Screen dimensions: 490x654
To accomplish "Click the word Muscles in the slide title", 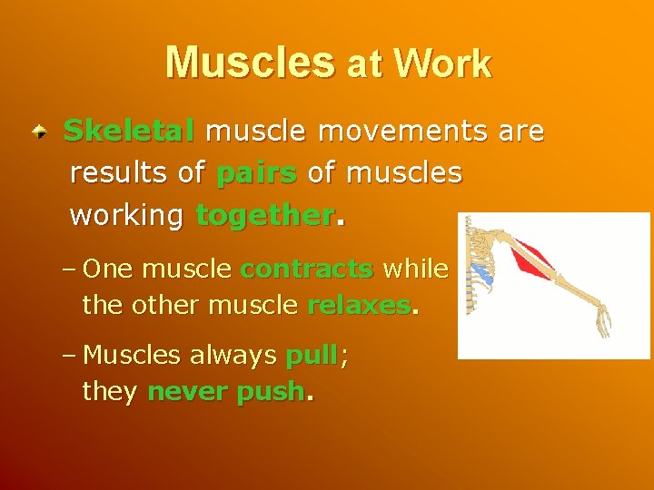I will point(250,63).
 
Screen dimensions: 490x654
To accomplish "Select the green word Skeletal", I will point(129,132).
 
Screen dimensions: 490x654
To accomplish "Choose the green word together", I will point(264,216).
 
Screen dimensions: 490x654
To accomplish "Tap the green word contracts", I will point(306,269).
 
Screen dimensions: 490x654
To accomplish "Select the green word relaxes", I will point(358,305).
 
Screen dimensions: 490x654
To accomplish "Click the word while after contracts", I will point(415,269).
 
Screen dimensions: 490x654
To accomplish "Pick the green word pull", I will point(312,355).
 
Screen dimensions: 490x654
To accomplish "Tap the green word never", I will point(182,392).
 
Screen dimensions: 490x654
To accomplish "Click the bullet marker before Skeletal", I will point(39,133).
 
